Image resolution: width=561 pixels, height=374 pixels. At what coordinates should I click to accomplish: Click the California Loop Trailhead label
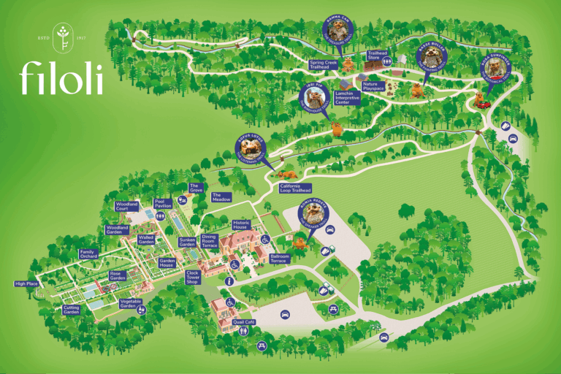tap(296, 188)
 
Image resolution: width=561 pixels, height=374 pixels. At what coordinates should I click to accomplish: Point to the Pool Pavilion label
tap(163, 204)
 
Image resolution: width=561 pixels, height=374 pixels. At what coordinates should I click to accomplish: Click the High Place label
tap(26, 284)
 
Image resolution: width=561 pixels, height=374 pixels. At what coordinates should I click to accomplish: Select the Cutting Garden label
tap(71, 310)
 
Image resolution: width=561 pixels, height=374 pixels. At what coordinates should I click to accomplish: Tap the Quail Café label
tap(243, 321)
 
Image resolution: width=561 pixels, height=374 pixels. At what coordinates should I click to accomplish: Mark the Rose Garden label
tap(118, 275)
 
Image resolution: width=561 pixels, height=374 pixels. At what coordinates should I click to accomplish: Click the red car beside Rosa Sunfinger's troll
tap(483, 104)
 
